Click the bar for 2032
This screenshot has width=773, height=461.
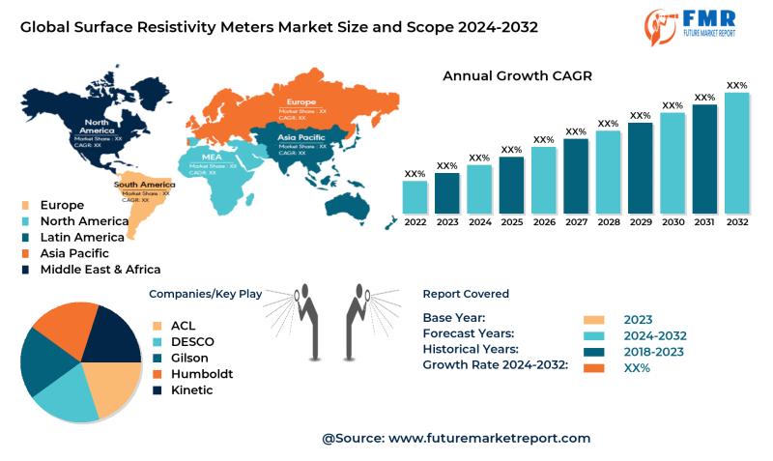[x=737, y=153]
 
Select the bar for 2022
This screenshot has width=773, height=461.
[x=415, y=197]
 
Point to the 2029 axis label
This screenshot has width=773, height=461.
[x=641, y=222]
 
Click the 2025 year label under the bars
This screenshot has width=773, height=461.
[x=512, y=222]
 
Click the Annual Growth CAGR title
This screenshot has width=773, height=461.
[x=517, y=75]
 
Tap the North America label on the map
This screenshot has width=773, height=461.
[x=97, y=127]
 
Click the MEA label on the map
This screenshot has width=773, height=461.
[x=212, y=157]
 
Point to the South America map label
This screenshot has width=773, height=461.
[x=144, y=184]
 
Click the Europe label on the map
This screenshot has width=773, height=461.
[x=301, y=101]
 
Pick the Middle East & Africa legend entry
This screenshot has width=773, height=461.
[x=100, y=270]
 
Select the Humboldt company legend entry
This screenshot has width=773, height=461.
[x=201, y=373]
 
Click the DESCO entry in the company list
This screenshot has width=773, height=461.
[x=192, y=341]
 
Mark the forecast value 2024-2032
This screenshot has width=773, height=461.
[x=654, y=334]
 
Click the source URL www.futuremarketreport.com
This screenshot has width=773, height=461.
[x=489, y=438]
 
